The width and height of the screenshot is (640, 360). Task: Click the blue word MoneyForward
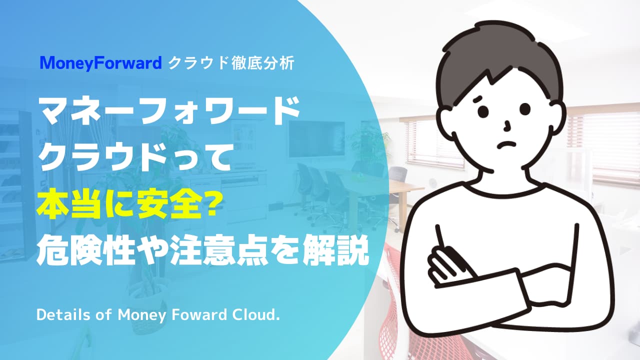pos(101,63)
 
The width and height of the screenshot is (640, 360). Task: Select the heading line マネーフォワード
pos(169,110)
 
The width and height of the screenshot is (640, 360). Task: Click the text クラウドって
pos(134,157)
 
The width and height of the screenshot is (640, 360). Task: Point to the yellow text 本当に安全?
pos(127,205)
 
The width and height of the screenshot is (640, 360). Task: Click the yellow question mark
pos(208,206)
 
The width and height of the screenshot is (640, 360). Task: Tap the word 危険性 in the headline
pos(85,252)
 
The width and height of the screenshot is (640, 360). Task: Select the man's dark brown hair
pos(500,55)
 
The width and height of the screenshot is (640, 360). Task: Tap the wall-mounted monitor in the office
pos(316,139)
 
